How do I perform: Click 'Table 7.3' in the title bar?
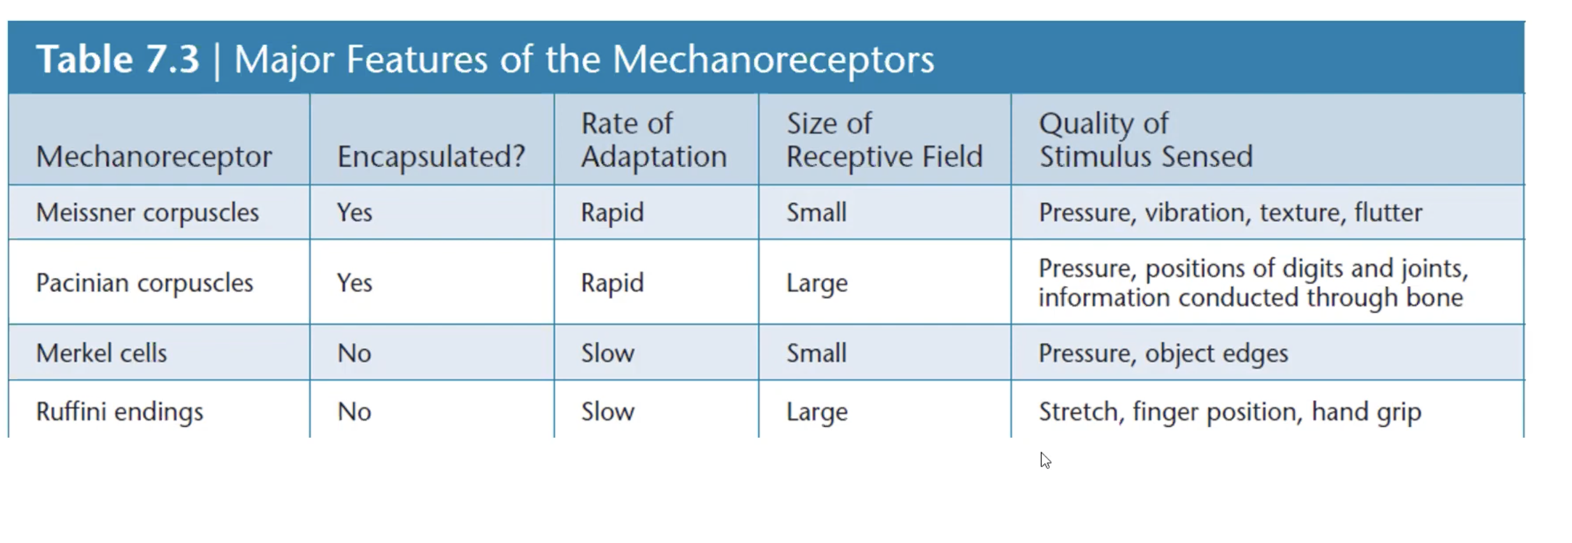118,59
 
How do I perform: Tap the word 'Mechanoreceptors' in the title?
773,59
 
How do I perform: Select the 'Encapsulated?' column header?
431,156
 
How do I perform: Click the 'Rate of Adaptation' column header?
653,140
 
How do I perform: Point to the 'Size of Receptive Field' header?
884,140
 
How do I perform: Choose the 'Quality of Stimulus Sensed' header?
1146,140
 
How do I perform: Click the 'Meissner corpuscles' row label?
147,212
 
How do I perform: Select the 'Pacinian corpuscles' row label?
145,282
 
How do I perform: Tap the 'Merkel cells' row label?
101,353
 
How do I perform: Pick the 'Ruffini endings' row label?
120,412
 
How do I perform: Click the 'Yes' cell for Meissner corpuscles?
354,212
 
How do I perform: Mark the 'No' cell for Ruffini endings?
354,412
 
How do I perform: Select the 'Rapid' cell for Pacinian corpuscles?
612,282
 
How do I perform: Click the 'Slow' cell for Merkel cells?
608,353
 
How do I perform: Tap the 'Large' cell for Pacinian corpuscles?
817,283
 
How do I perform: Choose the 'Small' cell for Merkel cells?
816,353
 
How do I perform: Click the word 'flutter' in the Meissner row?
1388,212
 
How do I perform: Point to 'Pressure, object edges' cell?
1163,353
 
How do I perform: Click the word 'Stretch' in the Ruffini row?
1078,412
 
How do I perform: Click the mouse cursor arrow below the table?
1044,460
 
